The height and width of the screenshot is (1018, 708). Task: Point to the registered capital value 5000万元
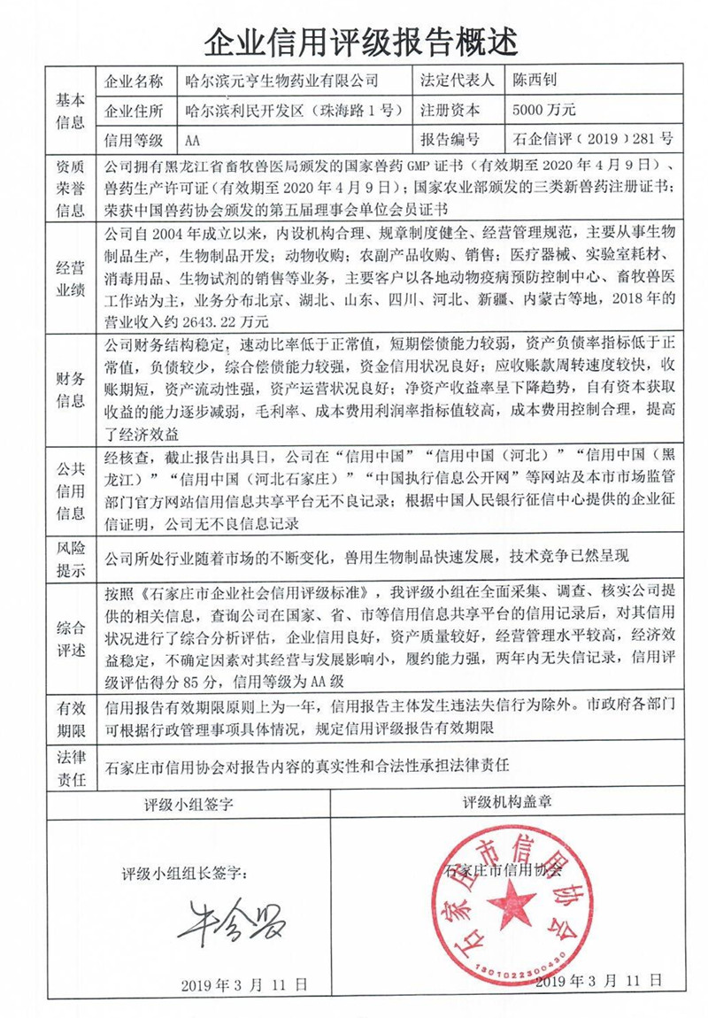544,111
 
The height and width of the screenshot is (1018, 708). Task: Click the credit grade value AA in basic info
195,140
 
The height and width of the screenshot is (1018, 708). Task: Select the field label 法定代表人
457,81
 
